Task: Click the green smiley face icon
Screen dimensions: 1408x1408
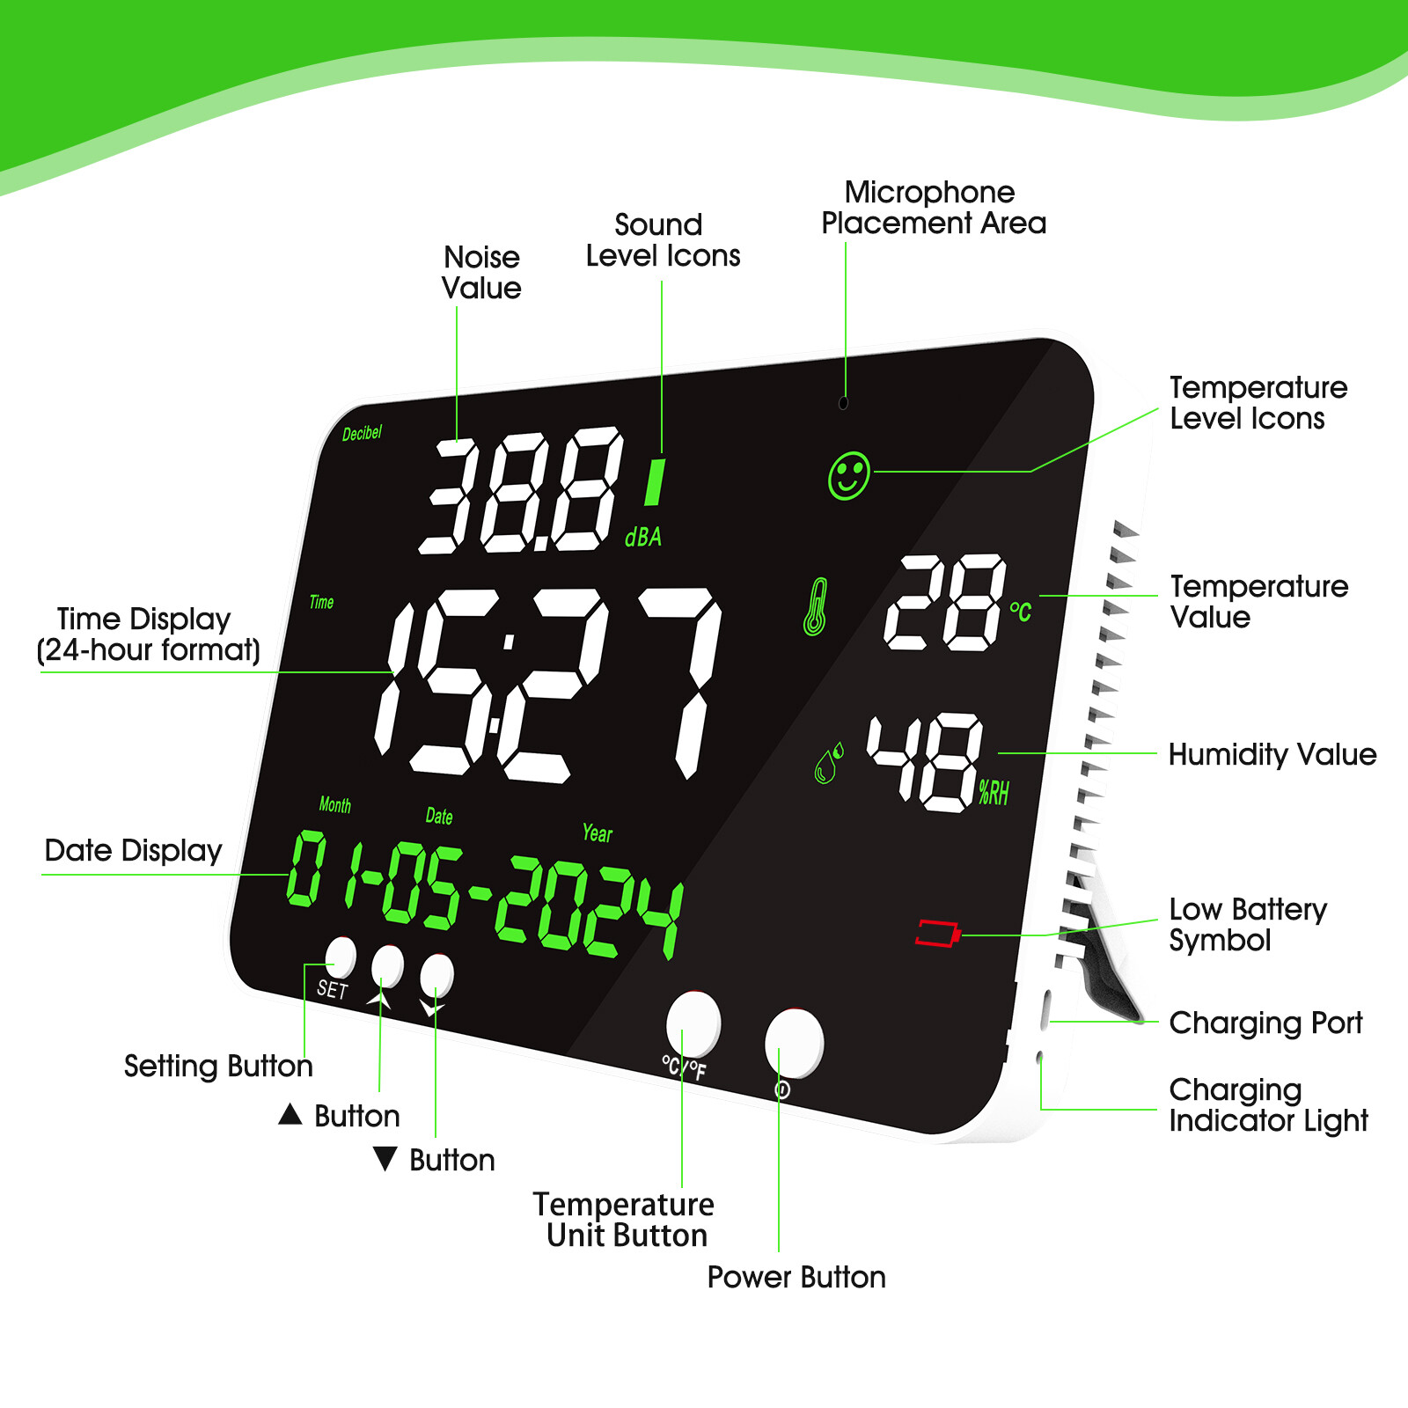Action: click(848, 476)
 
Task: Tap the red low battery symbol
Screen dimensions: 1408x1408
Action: click(937, 934)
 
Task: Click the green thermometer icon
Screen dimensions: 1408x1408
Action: click(816, 606)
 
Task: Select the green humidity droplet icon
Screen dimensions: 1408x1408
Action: click(828, 762)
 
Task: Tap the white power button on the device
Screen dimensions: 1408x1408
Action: click(794, 1043)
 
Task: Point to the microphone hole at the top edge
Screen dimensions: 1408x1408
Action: click(843, 403)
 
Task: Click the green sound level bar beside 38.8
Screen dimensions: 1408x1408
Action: click(654, 481)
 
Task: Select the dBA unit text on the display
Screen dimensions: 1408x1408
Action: click(643, 537)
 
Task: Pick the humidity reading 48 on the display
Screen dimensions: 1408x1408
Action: click(925, 761)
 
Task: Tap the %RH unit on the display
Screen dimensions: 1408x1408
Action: click(994, 793)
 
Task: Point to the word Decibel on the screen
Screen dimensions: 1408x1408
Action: click(362, 433)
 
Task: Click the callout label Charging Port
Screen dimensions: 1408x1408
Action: click(1265, 1023)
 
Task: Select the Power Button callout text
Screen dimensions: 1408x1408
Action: click(796, 1277)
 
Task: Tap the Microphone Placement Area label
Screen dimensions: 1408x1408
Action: click(933, 208)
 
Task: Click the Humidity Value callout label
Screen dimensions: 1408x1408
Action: click(1272, 754)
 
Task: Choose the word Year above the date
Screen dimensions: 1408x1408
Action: click(597, 832)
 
